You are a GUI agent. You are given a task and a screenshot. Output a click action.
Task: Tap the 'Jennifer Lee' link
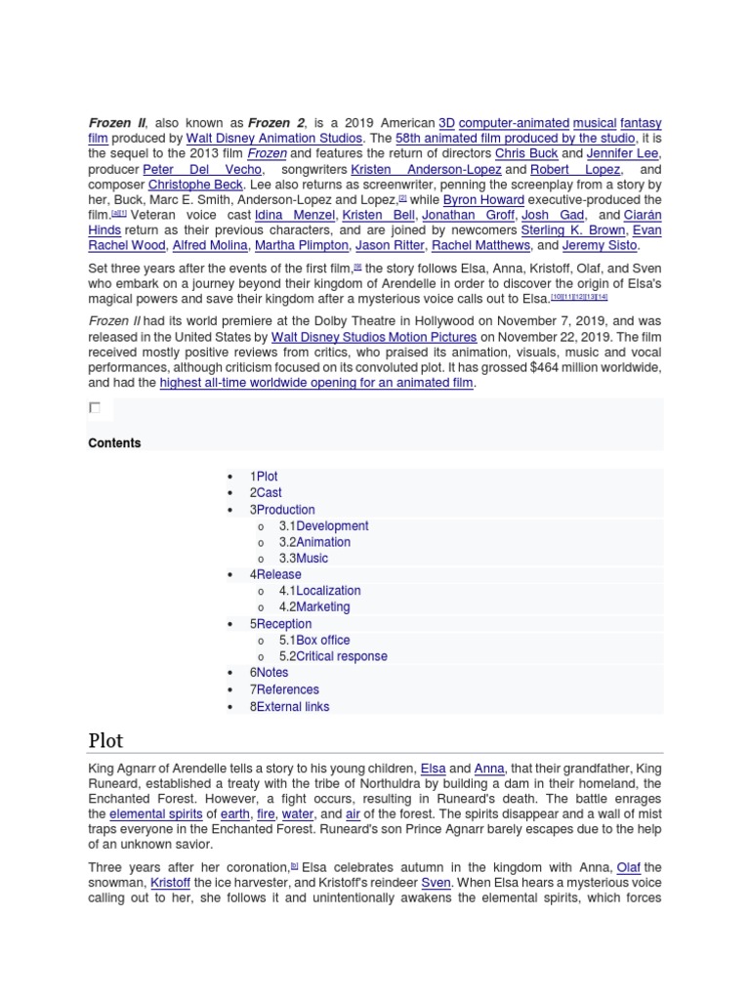(x=625, y=154)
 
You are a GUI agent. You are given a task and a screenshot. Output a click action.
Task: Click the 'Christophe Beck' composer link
(x=195, y=185)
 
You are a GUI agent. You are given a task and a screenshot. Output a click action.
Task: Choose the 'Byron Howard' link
(x=483, y=200)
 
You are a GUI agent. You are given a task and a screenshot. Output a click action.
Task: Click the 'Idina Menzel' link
(x=295, y=215)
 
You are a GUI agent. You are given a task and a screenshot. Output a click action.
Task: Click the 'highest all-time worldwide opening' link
(x=316, y=383)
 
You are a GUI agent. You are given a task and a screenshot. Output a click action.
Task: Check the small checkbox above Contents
(x=95, y=407)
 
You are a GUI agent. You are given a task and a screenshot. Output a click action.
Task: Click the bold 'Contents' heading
(x=114, y=443)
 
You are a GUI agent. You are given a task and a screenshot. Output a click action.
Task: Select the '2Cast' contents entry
(x=266, y=493)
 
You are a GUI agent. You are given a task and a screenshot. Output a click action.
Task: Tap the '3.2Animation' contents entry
(x=314, y=542)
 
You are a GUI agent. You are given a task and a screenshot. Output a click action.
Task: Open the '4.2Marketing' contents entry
(x=313, y=606)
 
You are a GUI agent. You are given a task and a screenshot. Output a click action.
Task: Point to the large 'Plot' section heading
(x=106, y=739)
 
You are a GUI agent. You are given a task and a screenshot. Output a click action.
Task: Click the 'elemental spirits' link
(x=156, y=813)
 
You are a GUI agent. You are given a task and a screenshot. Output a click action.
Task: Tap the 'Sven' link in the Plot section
(x=436, y=883)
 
